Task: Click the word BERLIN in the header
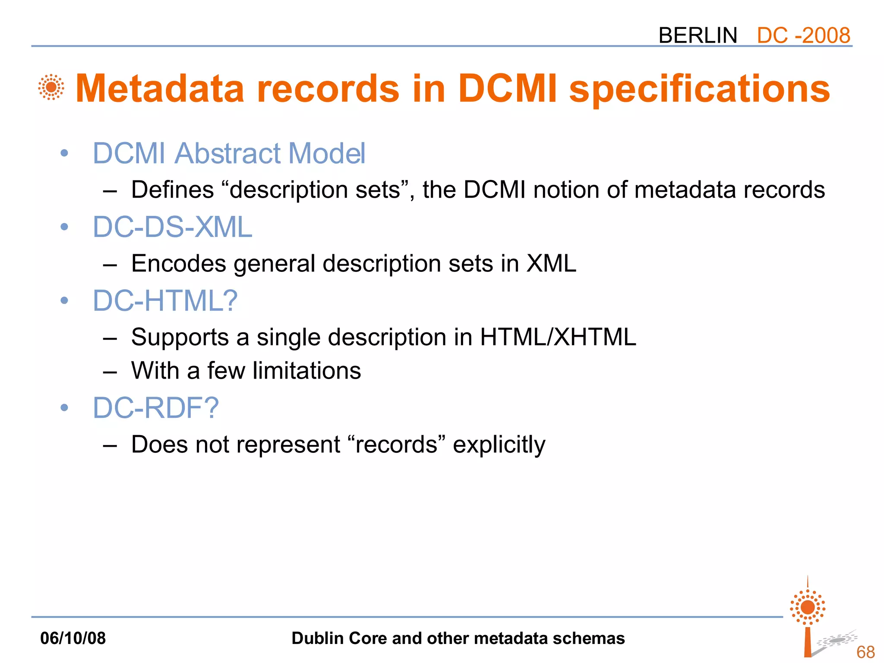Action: pyautogui.click(x=698, y=35)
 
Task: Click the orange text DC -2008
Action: pyautogui.click(x=803, y=35)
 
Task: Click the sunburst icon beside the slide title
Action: pyautogui.click(x=51, y=87)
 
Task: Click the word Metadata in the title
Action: pyautogui.click(x=160, y=88)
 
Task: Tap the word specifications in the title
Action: pyautogui.click(x=699, y=88)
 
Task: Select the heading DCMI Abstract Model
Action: pyautogui.click(x=229, y=153)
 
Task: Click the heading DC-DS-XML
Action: pyautogui.click(x=172, y=227)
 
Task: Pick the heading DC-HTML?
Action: pyautogui.click(x=165, y=300)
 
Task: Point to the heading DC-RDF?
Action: pyautogui.click(x=156, y=408)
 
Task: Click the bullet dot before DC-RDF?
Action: pyautogui.click(x=64, y=408)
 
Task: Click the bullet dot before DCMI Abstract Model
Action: pyautogui.click(x=64, y=153)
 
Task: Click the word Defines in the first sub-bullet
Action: pyautogui.click(x=172, y=190)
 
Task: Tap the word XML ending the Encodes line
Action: pyautogui.click(x=551, y=263)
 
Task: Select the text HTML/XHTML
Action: pyautogui.click(x=558, y=337)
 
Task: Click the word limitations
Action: pyautogui.click(x=306, y=371)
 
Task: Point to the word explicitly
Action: pyautogui.click(x=499, y=445)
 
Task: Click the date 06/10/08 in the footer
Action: pyautogui.click(x=73, y=638)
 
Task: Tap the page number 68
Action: pyautogui.click(x=865, y=652)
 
